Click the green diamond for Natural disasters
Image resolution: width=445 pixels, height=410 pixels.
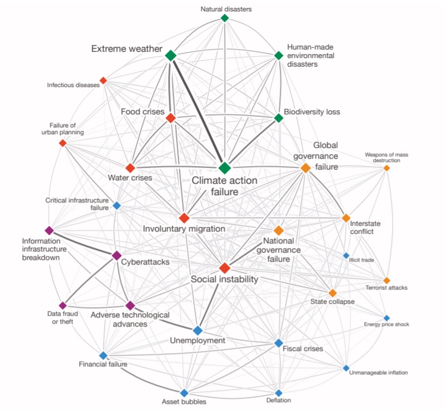click(x=224, y=18)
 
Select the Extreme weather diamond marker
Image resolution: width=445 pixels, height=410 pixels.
click(x=170, y=55)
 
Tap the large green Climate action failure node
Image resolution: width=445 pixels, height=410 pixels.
click(x=224, y=168)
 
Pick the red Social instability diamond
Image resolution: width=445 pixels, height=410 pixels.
click(x=224, y=268)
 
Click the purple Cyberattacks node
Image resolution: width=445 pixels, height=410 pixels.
click(x=117, y=255)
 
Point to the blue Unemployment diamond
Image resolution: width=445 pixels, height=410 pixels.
click(x=198, y=330)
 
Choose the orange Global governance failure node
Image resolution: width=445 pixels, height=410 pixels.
click(x=305, y=168)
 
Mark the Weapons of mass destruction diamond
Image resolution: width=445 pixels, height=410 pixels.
click(x=386, y=168)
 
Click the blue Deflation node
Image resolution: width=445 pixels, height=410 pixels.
click(x=279, y=393)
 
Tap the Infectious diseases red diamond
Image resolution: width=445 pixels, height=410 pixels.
click(x=103, y=80)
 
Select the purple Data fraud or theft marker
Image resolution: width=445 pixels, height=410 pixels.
click(x=63, y=305)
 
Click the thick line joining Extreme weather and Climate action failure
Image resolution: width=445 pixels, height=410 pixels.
click(x=198, y=111)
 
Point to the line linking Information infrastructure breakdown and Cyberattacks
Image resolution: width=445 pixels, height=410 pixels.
click(x=83, y=243)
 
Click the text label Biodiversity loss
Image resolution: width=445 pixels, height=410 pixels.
click(x=312, y=112)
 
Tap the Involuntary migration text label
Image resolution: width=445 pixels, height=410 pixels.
click(x=184, y=229)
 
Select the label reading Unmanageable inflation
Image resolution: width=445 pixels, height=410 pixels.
click(x=378, y=372)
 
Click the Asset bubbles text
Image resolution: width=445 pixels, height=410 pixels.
click(x=184, y=401)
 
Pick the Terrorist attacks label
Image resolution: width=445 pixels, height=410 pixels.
click(x=386, y=288)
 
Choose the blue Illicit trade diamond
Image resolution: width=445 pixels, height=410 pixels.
click(x=346, y=256)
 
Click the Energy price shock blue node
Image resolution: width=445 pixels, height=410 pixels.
click(x=386, y=318)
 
